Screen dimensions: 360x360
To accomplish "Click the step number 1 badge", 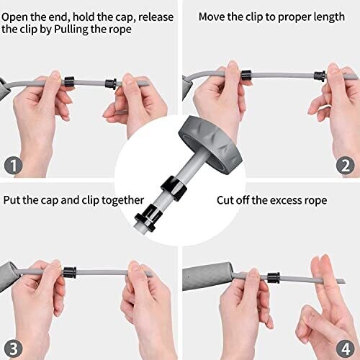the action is (14, 165).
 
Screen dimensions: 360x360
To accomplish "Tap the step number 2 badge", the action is (346, 165).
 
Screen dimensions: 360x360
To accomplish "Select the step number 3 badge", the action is (14, 348).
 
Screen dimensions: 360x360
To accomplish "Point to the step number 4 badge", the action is (346, 348).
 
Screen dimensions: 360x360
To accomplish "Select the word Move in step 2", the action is (212, 17).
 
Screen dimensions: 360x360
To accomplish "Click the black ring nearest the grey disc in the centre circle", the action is (174, 188).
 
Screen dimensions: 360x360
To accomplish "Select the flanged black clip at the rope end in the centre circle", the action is (148, 218).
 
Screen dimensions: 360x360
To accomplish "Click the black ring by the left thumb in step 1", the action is (69, 81).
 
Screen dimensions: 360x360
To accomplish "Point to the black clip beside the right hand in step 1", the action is (111, 84).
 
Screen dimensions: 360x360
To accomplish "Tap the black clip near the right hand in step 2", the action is (320, 76).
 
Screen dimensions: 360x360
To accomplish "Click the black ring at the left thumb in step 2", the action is (247, 75).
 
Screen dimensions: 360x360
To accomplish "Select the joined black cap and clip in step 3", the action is (70, 272).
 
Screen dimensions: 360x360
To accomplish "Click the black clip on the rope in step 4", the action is (274, 278).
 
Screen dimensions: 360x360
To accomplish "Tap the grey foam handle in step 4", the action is (207, 276).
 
